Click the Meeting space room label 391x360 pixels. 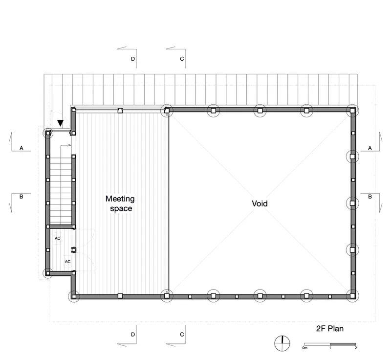point(120,203)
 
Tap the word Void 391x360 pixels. point(260,203)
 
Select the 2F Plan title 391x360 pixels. point(329,329)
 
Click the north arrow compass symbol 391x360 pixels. point(282,343)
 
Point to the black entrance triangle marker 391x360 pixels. point(60,123)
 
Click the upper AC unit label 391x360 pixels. point(58,239)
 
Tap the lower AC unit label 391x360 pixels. point(67,262)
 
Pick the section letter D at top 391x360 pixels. point(133,59)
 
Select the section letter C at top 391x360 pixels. point(182,59)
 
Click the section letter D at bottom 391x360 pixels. point(133,335)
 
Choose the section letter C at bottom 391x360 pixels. point(182,335)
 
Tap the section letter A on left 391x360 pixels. point(22,148)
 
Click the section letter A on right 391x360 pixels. point(370,148)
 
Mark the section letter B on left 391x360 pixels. point(22,197)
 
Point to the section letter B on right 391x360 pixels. point(370,197)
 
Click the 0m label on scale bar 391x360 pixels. point(304,348)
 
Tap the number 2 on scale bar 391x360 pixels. point(356,348)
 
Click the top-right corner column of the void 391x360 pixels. point(352,111)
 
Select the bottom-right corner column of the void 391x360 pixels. point(352,296)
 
